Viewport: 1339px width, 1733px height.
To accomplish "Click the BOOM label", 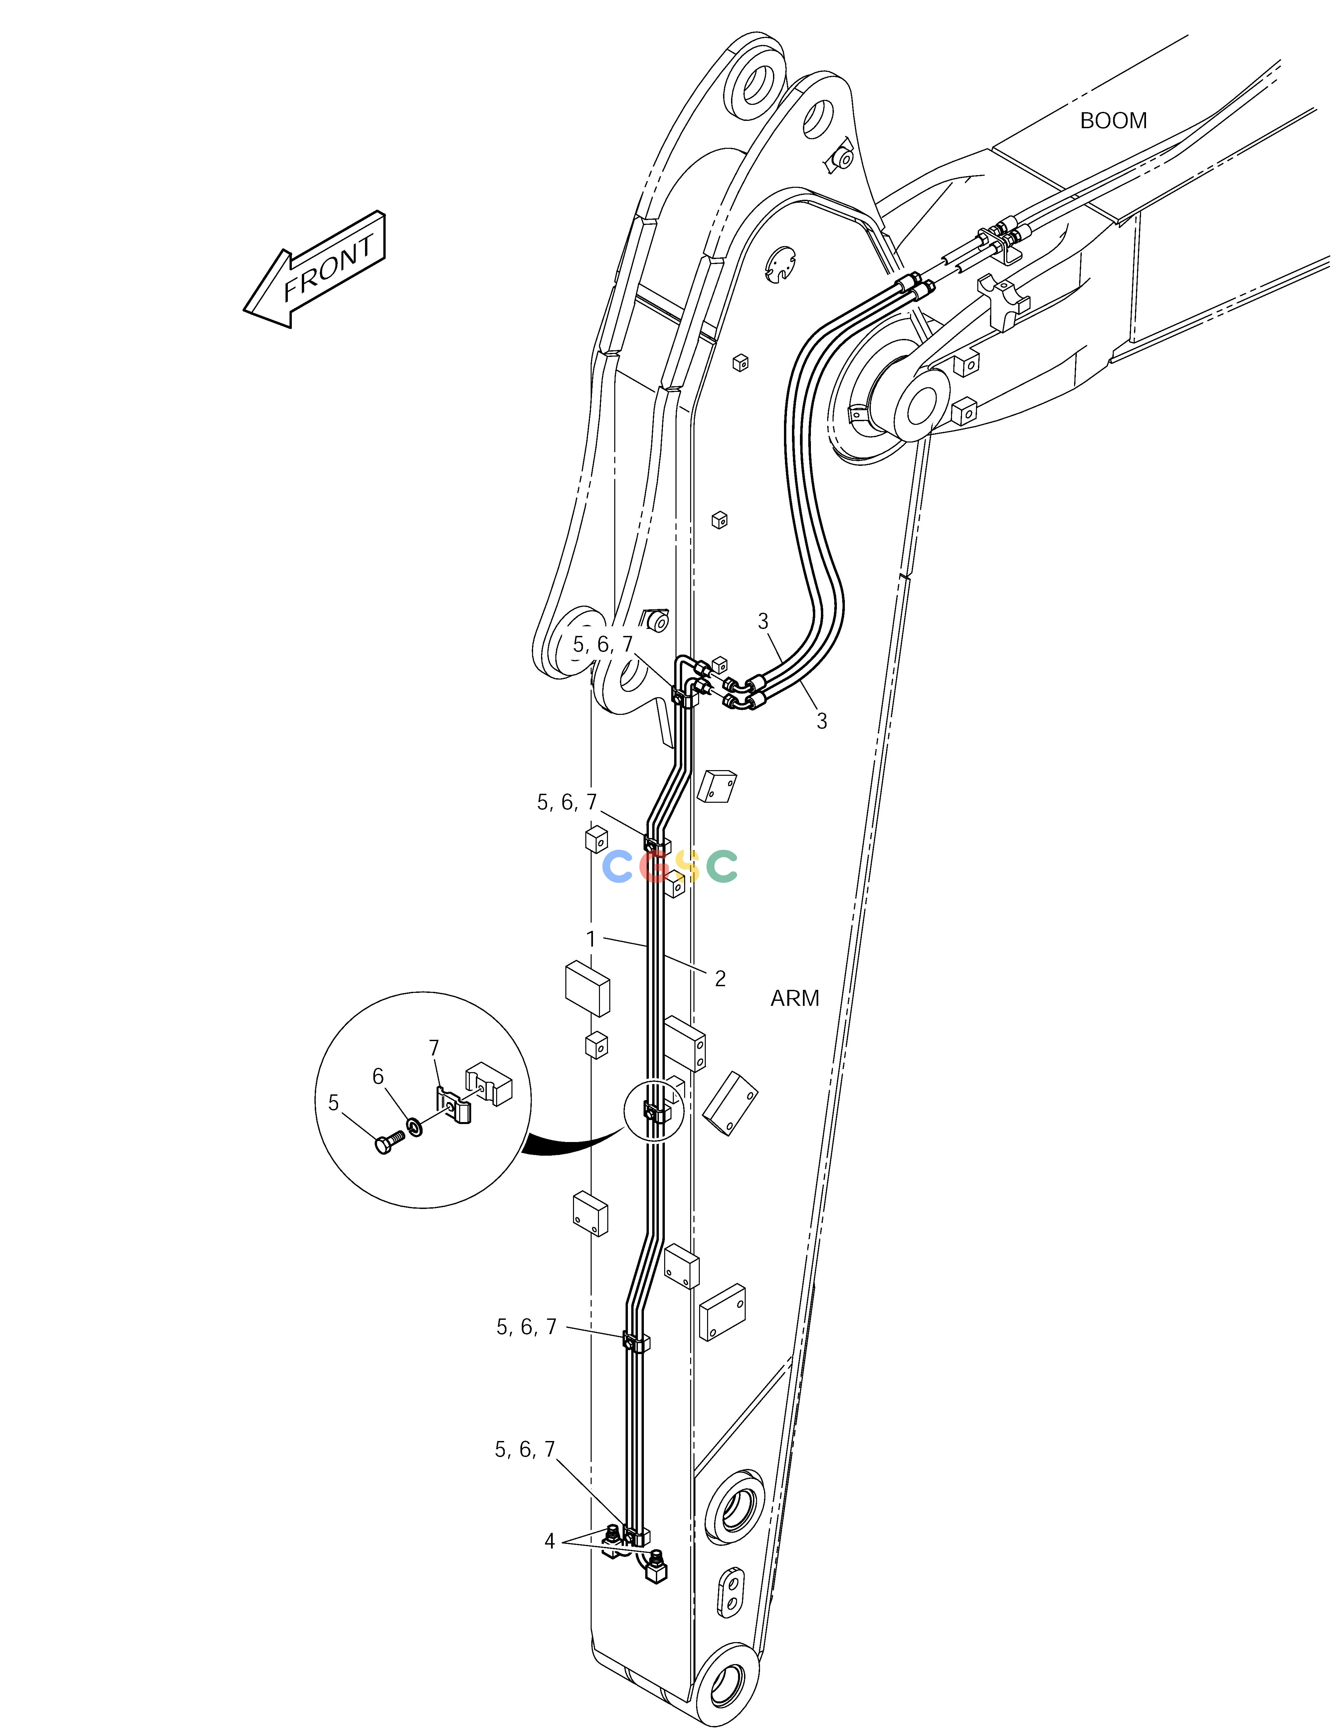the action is point(1113,121).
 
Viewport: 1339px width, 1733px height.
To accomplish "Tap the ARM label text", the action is point(795,998).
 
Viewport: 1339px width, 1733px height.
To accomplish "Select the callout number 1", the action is point(590,939).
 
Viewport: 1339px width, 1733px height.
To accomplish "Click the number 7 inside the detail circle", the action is point(434,1048).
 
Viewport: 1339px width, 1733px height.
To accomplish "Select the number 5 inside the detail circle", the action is point(333,1102).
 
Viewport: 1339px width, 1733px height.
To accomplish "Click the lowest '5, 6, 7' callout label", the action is point(525,1450).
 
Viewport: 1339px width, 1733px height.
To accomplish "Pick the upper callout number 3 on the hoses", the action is point(763,621).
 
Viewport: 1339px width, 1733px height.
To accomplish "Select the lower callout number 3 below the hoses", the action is point(822,721).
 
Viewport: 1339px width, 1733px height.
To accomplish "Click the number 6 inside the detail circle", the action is point(378,1076).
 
